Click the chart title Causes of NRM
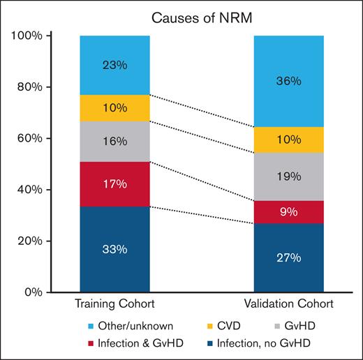184,16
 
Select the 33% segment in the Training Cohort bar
114,249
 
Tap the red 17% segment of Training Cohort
114,183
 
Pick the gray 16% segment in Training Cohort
114,141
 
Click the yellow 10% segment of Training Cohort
114,108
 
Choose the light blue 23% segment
114,65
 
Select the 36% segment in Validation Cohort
288,81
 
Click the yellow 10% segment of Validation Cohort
288,140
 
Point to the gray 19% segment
288,177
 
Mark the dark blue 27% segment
288,257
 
